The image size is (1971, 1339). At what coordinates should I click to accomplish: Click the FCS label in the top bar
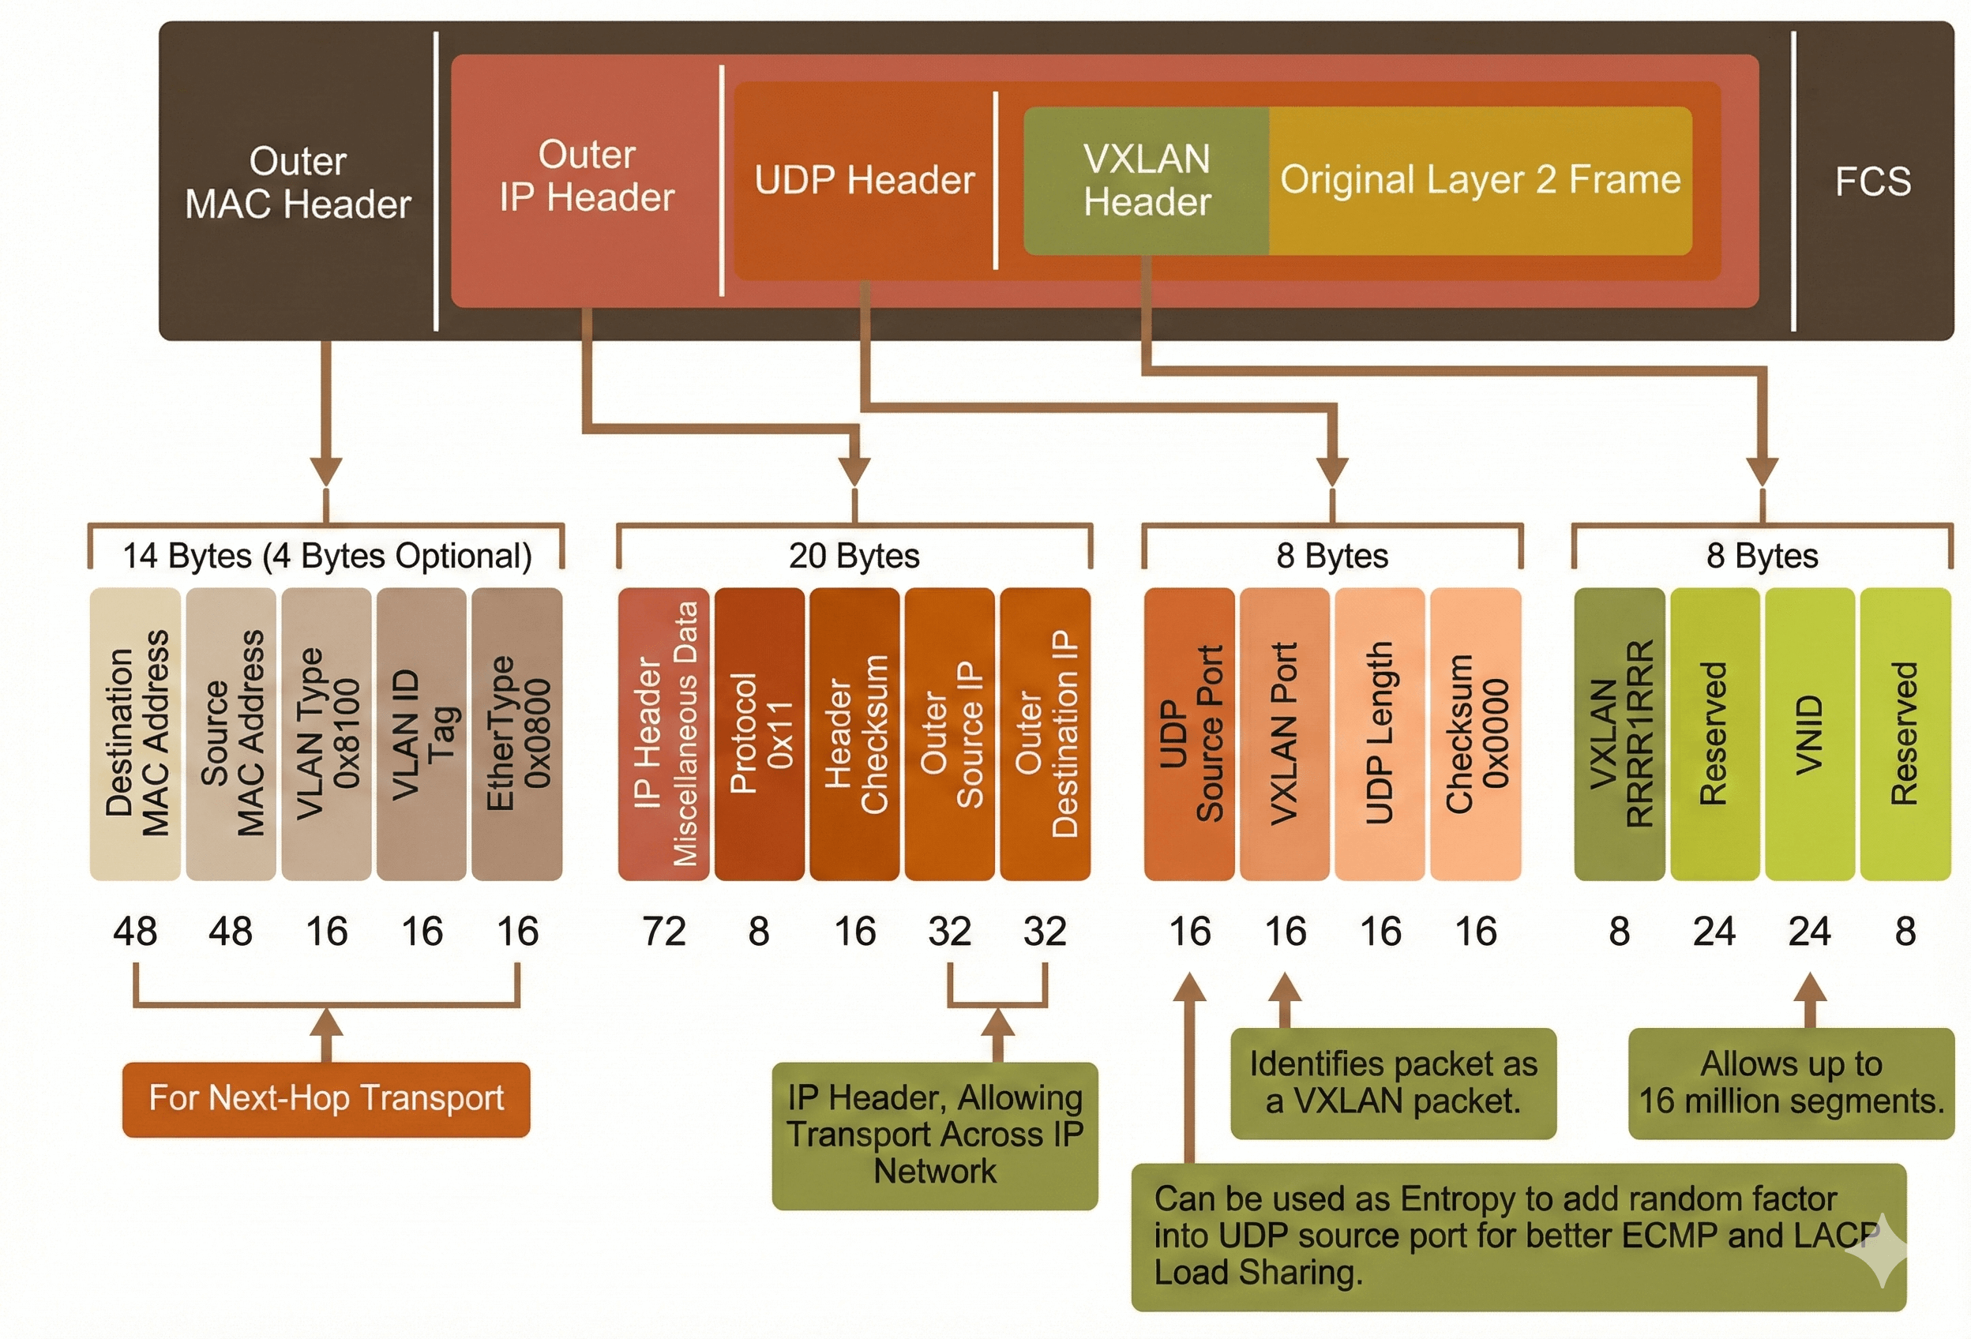pos(1872,182)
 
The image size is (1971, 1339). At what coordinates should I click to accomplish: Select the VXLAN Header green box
pos(1147,181)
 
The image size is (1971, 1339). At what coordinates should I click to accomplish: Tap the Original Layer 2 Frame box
pos(1480,180)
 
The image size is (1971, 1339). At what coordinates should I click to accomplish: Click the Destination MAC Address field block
pos(136,733)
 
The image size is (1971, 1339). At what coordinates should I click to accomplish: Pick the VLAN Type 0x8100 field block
pos(326,733)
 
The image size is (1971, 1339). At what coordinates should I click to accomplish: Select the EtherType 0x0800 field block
pos(517,733)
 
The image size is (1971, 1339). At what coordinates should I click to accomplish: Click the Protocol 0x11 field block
pos(760,733)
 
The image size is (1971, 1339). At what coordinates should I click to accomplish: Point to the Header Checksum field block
pos(855,733)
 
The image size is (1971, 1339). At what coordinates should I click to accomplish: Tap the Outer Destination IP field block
pos(1045,733)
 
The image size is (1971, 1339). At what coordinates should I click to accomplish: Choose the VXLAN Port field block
pos(1285,733)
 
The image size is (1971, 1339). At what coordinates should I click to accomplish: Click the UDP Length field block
pos(1380,733)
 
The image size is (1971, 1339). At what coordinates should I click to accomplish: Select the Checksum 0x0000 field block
pos(1476,733)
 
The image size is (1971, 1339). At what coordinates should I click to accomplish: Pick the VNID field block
pos(1810,733)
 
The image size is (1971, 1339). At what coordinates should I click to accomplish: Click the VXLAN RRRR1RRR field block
pos(1620,733)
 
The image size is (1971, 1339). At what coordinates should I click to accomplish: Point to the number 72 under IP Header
pos(664,931)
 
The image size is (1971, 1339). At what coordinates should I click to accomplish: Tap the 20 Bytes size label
pos(854,557)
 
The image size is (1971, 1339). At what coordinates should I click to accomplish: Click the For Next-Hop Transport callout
pos(326,1099)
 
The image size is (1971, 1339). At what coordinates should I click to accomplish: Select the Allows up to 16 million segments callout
pos(1791,1083)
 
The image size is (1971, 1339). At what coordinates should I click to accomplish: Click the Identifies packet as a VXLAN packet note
pos(1394,1083)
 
